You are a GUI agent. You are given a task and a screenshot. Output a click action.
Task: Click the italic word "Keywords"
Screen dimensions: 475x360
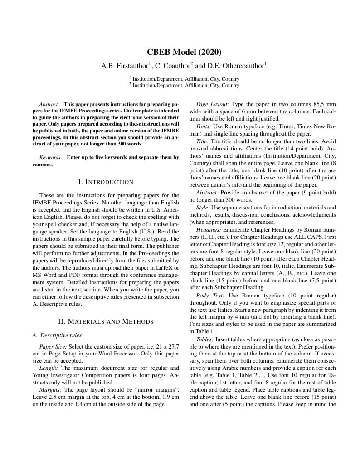pos(49,158)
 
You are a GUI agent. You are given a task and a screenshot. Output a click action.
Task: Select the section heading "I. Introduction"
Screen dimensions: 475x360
pos(106,182)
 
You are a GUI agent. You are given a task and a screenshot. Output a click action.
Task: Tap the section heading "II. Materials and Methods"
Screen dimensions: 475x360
pos(106,322)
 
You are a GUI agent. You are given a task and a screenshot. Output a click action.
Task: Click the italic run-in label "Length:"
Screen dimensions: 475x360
pos(49,368)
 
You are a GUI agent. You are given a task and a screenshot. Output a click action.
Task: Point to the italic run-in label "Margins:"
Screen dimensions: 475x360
pos(50,390)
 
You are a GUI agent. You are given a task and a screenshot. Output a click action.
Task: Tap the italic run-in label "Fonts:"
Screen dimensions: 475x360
pos(203,126)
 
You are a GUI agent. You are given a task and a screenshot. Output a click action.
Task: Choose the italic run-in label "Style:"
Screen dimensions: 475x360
pos(203,208)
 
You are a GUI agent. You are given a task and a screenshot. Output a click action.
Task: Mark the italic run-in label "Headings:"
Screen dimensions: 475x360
pos(208,230)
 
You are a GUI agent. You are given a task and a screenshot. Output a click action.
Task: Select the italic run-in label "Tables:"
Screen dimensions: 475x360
pos(205,339)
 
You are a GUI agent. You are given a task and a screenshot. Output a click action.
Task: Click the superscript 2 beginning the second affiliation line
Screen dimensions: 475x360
pos(130,84)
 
